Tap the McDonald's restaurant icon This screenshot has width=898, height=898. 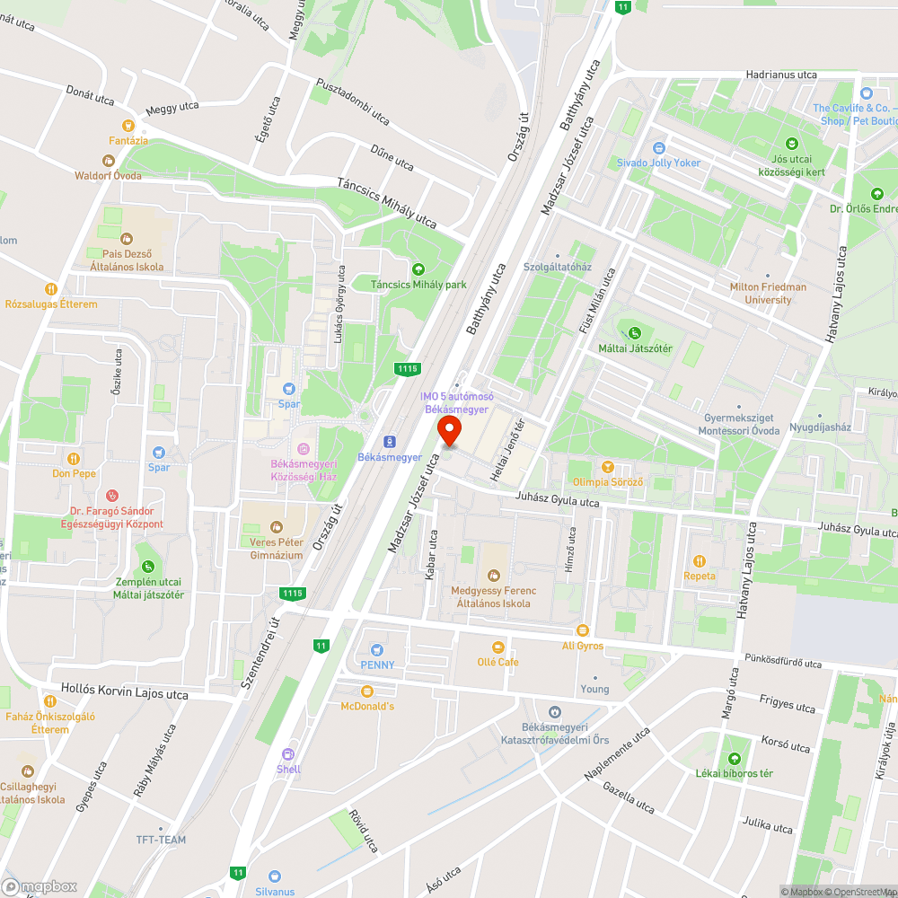366,691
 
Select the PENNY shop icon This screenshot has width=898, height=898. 377,649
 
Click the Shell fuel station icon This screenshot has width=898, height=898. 288,754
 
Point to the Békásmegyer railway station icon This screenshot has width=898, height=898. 390,441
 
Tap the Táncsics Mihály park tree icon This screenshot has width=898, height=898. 418,269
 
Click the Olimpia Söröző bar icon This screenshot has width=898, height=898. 607,467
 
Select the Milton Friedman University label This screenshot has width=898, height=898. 768,294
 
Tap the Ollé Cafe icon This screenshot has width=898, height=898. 497,647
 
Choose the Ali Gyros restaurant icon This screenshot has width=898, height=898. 582,630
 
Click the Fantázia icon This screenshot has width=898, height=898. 128,126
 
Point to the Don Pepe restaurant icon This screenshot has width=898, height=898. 74,458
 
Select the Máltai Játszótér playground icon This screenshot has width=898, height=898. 636,333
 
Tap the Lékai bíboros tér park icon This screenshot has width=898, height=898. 734,758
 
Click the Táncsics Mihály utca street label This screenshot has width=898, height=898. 386,201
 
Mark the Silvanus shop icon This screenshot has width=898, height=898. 275,876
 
